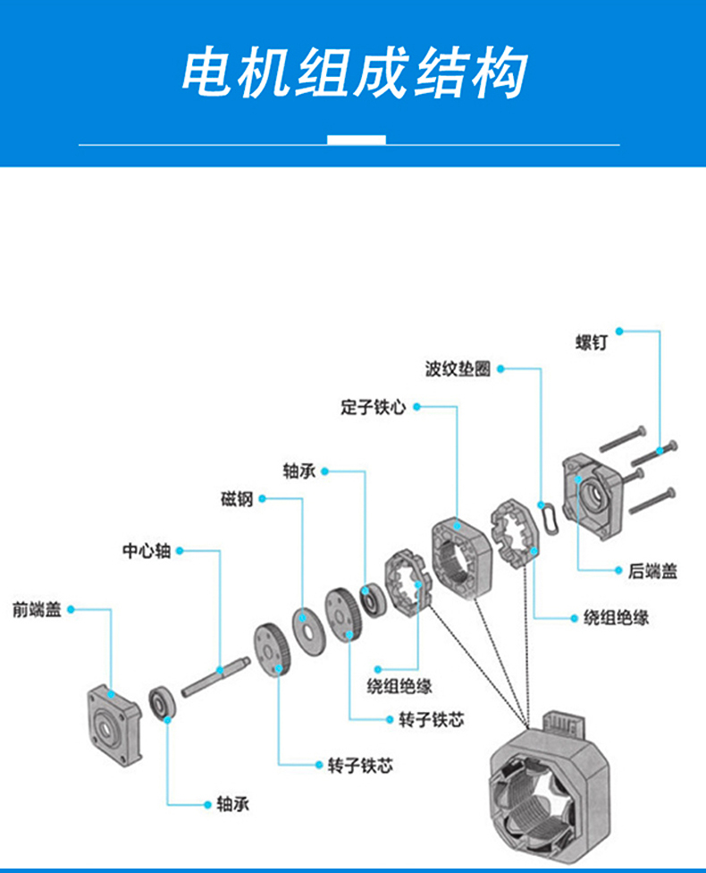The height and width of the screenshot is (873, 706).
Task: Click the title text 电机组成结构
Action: [x=354, y=72]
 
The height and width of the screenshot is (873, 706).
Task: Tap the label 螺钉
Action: [x=592, y=343]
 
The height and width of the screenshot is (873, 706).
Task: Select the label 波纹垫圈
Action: [x=458, y=369]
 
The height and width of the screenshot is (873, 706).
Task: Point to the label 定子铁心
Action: [x=373, y=407]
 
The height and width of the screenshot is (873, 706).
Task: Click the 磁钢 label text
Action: [x=237, y=499]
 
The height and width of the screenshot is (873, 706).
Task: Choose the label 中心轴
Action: [x=147, y=551]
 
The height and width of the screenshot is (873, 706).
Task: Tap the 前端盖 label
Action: [x=37, y=610]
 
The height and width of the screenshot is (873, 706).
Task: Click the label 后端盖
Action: [x=652, y=572]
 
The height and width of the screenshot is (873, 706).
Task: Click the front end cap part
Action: [x=114, y=725]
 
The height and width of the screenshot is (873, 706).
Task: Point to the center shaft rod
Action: [x=215, y=676]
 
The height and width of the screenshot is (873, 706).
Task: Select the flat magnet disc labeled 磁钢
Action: [x=307, y=631]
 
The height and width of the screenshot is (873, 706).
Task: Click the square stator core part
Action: [x=462, y=557]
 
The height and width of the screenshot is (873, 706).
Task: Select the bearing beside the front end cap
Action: [x=162, y=703]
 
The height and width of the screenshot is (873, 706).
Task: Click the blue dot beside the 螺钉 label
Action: [x=619, y=331]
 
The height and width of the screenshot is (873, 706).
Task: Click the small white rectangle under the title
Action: [x=356, y=140]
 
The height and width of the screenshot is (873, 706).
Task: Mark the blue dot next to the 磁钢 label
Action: [x=262, y=498]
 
